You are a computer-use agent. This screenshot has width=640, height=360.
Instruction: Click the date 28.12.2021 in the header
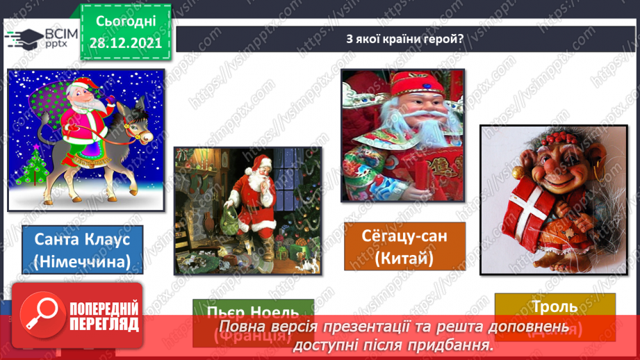125,42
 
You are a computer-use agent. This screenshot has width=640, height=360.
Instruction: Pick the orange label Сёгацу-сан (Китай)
404,246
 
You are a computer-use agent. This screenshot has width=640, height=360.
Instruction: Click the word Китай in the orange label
406,259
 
